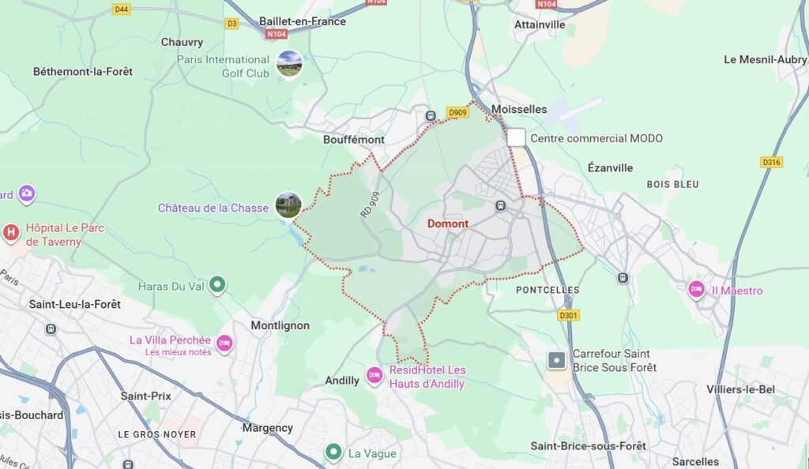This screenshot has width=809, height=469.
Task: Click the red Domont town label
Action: (x=448, y=223)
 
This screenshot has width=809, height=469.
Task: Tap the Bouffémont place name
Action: (x=354, y=140)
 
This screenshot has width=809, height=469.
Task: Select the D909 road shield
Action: (x=457, y=112)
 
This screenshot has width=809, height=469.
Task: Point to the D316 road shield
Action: (x=771, y=162)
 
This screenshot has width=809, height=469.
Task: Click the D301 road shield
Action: (x=568, y=316)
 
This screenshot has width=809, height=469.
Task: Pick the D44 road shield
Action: (x=121, y=9)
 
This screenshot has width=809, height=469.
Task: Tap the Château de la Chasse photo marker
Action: (x=288, y=205)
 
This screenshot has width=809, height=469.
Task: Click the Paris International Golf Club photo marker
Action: (x=289, y=63)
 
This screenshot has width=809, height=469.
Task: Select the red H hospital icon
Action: (x=11, y=232)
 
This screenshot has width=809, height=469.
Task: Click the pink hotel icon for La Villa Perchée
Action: (x=224, y=343)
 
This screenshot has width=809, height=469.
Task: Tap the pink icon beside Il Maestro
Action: (x=696, y=290)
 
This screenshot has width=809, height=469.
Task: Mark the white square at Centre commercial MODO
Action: (x=516, y=137)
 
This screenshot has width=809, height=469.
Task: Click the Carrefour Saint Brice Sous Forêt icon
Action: (x=557, y=361)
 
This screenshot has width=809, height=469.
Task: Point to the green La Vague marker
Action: (x=333, y=452)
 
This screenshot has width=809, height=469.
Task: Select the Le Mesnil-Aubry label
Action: (x=765, y=59)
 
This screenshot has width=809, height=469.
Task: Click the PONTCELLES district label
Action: (x=547, y=291)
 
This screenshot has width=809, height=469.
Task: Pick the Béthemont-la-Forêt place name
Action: (x=83, y=71)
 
